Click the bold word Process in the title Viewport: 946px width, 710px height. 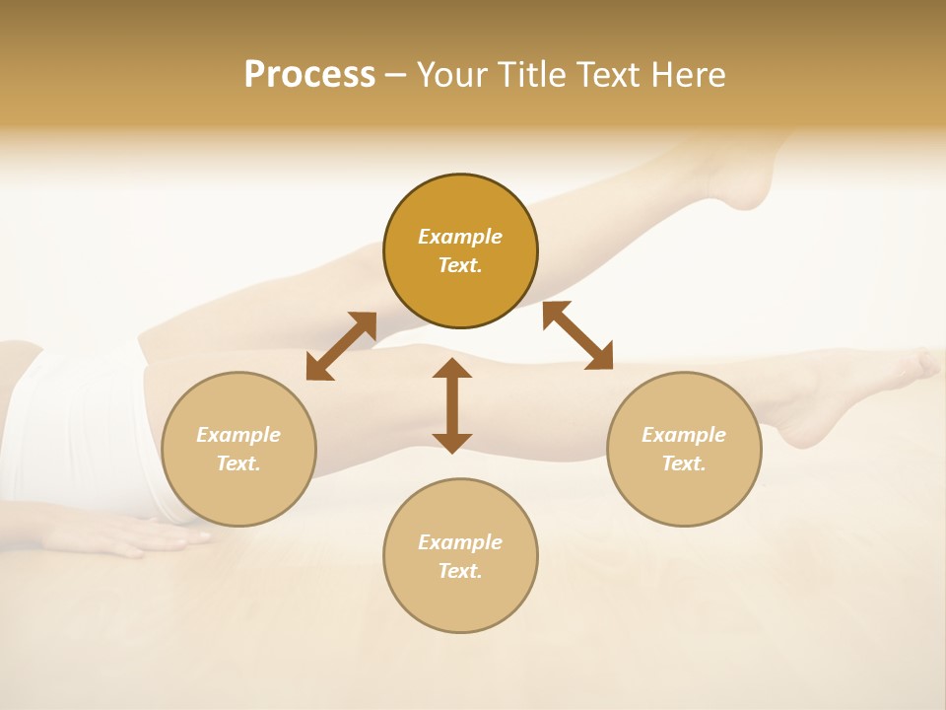tap(309, 75)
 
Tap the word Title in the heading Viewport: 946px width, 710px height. tap(535, 75)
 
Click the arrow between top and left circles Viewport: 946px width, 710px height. tap(341, 346)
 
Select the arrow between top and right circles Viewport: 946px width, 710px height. tap(577, 335)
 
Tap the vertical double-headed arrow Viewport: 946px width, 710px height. tap(452, 405)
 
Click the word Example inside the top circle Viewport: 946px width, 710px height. tap(460, 237)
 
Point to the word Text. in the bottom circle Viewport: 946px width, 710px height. tap(460, 571)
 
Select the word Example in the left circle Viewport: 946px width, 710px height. tap(238, 435)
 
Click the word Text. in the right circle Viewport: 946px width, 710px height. tap(684, 463)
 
